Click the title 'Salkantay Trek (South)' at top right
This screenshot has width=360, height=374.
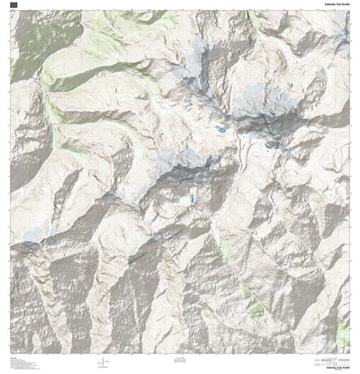pos(331,4)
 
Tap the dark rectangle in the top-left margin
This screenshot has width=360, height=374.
pos(13,5)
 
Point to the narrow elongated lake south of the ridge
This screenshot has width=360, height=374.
pos(191,197)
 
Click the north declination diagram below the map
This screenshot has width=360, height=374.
pos(109,362)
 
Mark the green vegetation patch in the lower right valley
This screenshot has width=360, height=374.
pos(256,308)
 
